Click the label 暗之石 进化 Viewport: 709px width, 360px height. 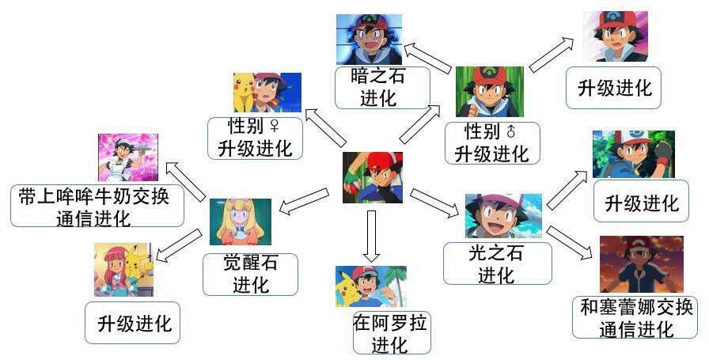tap(382, 88)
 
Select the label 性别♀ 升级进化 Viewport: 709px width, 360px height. tap(250, 138)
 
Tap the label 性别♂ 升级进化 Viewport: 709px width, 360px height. tap(491, 142)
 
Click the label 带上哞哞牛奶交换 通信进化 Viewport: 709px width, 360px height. tap(97, 207)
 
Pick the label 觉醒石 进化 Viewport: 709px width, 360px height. tap(250, 273)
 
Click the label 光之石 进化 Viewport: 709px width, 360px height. tap(496, 263)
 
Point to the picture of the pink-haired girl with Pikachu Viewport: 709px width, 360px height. tap(123, 269)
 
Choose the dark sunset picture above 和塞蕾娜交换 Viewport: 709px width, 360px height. tap(641, 264)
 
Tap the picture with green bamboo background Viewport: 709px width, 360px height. tap(489, 92)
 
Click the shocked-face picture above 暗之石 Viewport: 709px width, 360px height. tap(369, 40)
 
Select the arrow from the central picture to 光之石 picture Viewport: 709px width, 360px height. tap(434, 203)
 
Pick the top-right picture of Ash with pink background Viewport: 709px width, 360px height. tap(615, 36)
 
